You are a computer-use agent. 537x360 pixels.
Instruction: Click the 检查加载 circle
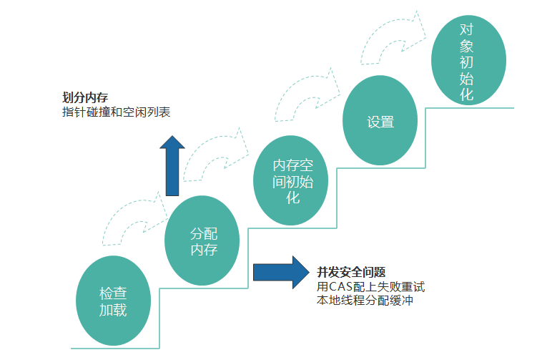pos(113,301)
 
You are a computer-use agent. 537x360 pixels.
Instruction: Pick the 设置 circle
pos(380,121)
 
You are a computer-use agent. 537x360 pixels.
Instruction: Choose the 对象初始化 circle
pos(468,60)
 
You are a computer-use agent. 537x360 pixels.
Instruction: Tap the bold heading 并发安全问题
pos(351,272)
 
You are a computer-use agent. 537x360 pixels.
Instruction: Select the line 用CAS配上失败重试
pos(370,287)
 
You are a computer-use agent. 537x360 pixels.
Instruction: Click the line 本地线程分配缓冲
pos(365,301)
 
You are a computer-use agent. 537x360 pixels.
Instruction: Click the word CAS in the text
pos(343,287)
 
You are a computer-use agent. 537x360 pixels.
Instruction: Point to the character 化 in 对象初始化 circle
pos(466,95)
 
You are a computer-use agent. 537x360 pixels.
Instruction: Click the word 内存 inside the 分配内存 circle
pos(204,250)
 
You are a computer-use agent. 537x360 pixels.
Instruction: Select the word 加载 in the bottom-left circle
pos(113,310)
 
